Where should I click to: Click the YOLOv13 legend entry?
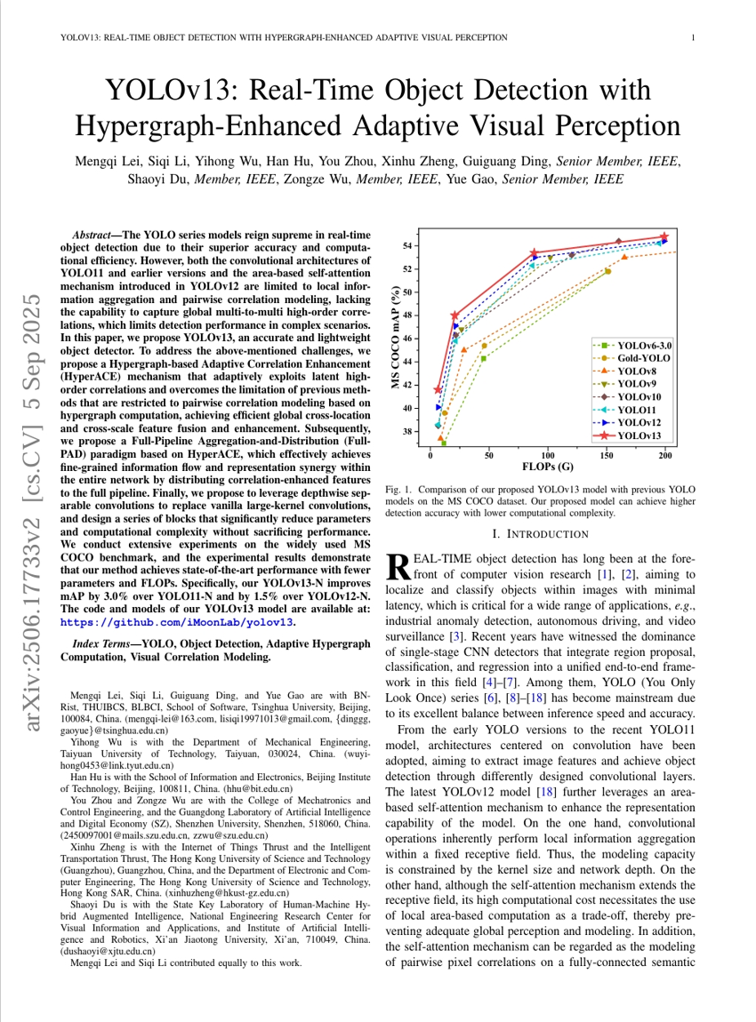tap(639, 435)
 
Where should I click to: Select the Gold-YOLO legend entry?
tap(643, 356)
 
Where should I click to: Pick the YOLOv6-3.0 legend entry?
tap(645, 344)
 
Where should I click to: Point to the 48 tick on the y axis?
tap(407, 315)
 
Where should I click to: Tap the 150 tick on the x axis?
tap(607, 455)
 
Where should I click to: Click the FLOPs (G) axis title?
tap(547, 467)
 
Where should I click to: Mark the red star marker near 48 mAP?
tap(455, 315)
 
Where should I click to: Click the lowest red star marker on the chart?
tap(438, 390)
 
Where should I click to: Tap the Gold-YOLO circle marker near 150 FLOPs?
tap(608, 271)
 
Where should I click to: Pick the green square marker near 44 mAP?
tap(484, 358)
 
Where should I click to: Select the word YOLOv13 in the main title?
tap(172, 91)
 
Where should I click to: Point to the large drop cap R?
tap(398, 565)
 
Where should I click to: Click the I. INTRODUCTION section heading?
tap(540, 534)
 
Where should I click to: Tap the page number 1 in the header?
tap(693, 38)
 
